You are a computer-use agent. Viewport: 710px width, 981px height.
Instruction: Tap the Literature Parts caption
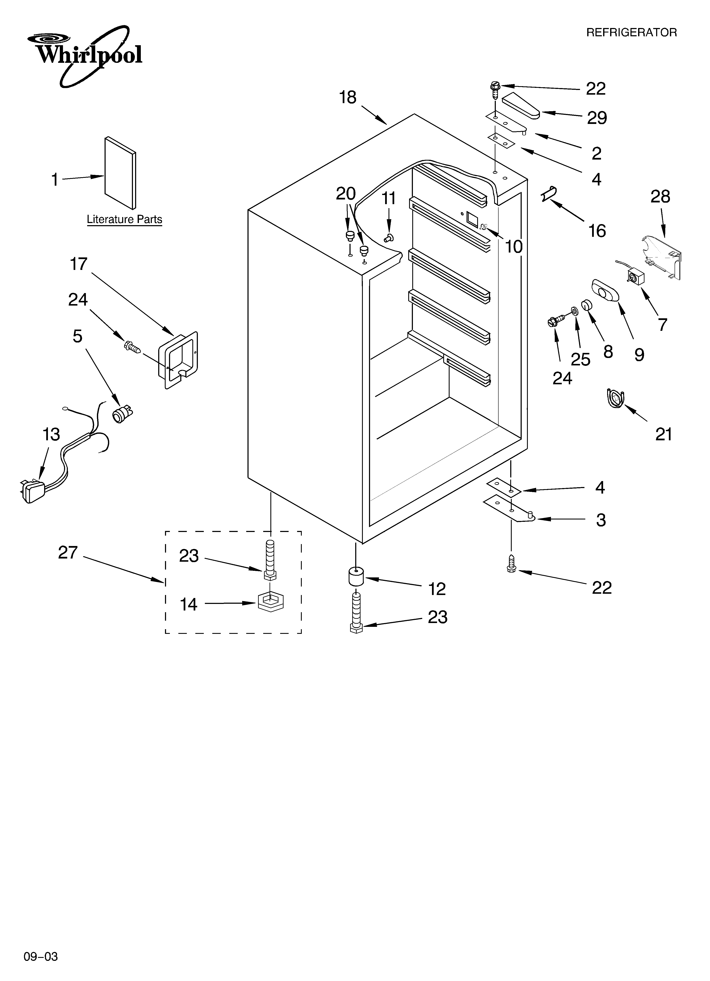[124, 219]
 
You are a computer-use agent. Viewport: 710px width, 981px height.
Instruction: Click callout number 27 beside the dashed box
[68, 553]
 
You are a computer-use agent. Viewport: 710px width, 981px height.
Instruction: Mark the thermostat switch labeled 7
[634, 276]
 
